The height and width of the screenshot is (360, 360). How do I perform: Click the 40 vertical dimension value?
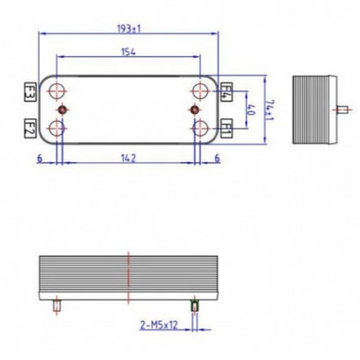coord(251,109)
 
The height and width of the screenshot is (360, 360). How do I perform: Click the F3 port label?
coord(29,90)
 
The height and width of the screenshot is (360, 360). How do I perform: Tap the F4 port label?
coord(226,90)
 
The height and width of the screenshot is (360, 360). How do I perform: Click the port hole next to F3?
coord(58,90)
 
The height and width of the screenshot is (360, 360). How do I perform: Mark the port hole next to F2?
coord(58,128)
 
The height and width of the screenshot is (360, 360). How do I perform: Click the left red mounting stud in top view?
coord(63,109)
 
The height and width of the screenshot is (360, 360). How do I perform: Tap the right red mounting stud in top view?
coord(195,109)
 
